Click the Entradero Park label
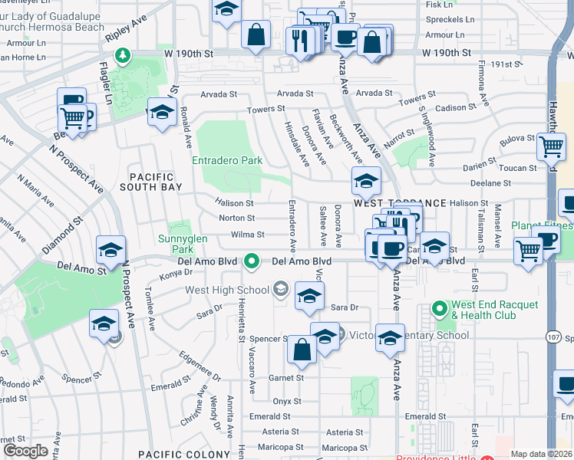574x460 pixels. click(x=226, y=161)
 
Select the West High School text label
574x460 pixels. click(x=226, y=290)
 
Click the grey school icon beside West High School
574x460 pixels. click(x=281, y=289)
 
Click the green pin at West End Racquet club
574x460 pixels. click(x=440, y=310)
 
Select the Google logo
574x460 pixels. click(x=25, y=451)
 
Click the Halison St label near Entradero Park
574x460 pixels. click(x=236, y=203)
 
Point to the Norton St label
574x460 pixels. click(x=236, y=219)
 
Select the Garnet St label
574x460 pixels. click(x=286, y=378)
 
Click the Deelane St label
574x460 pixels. click(x=493, y=183)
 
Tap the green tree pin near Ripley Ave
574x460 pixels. click(x=121, y=55)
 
